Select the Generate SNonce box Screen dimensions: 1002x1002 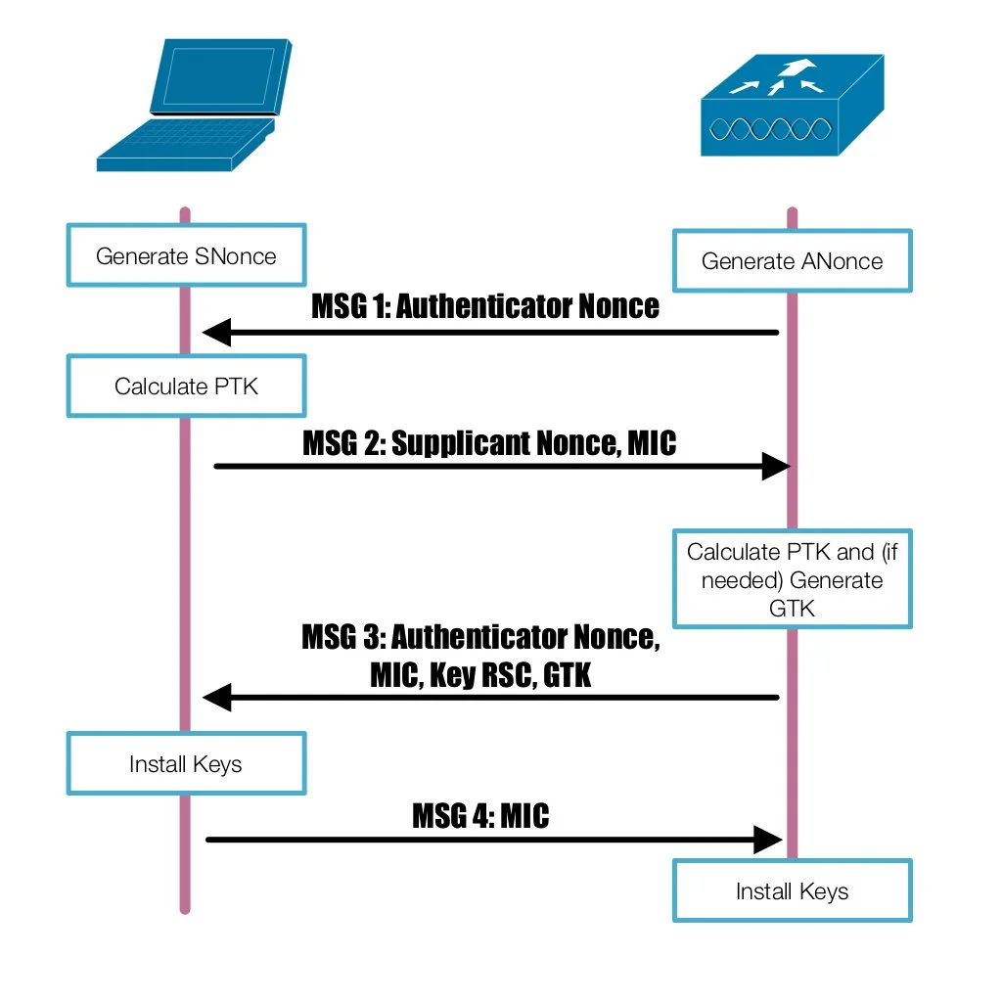(x=186, y=256)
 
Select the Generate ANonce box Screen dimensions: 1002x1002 (x=792, y=261)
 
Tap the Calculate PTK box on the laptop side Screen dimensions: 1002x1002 (x=186, y=386)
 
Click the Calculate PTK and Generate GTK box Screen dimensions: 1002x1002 (x=792, y=579)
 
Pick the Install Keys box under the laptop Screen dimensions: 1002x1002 (x=186, y=763)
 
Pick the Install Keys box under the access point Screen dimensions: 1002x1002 (x=792, y=890)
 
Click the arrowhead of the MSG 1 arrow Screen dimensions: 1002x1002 (x=216, y=333)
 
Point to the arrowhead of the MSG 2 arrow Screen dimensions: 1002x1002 (x=775, y=466)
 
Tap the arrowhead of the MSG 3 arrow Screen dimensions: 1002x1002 (x=216, y=697)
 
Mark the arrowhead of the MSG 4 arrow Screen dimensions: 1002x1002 (x=767, y=839)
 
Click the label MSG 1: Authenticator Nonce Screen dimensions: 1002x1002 (x=485, y=306)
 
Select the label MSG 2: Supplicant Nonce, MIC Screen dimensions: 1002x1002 (x=489, y=443)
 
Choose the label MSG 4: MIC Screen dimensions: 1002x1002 (x=480, y=815)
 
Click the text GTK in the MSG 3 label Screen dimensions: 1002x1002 (x=567, y=674)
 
